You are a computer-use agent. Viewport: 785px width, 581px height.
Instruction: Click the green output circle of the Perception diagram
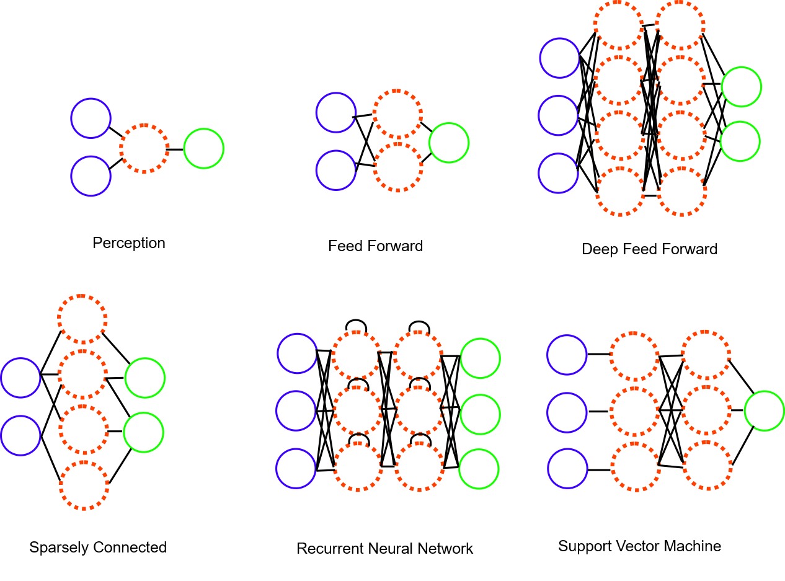[x=203, y=148]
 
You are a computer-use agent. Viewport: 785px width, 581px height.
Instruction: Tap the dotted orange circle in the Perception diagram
[x=143, y=149]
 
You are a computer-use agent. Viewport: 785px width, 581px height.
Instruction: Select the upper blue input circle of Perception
[x=91, y=118]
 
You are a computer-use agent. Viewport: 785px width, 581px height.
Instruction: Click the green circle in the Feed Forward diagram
[x=448, y=143]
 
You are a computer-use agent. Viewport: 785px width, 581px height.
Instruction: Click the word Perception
[x=129, y=243]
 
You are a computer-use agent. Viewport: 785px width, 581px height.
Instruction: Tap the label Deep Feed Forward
[x=649, y=249]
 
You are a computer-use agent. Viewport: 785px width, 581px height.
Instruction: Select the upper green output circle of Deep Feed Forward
[x=741, y=86]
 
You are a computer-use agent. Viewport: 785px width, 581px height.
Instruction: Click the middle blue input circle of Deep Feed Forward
[x=559, y=115]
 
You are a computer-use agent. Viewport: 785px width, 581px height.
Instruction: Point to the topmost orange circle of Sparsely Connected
[x=82, y=319]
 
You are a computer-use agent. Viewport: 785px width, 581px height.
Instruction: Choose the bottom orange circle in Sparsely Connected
[x=84, y=486]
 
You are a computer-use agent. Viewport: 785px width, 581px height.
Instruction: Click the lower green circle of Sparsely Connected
[x=143, y=432]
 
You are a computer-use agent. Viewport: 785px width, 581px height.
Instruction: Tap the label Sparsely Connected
[x=98, y=548]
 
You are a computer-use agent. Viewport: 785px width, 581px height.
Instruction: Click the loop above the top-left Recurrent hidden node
[x=357, y=325]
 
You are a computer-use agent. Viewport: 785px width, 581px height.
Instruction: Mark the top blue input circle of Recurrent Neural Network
[x=297, y=353]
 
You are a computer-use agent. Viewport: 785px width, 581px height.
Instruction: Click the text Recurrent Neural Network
[x=384, y=549]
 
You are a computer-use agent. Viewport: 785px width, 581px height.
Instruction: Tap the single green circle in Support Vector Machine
[x=765, y=410]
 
